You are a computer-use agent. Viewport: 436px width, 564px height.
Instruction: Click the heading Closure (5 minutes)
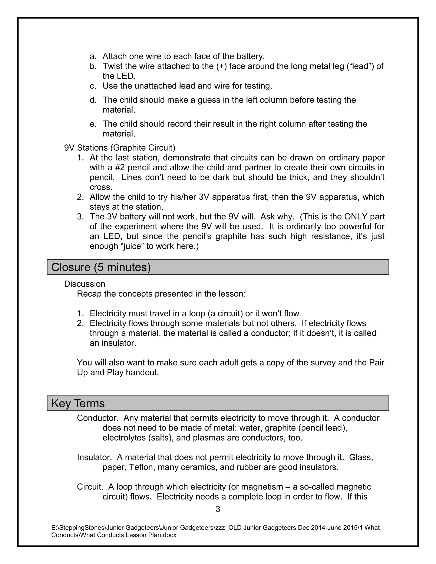[x=101, y=267]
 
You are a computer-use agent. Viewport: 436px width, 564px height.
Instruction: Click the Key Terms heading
[x=78, y=403]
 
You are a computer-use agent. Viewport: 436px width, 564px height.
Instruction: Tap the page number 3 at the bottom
[x=218, y=509]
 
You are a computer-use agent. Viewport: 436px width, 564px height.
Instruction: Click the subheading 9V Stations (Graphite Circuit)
[x=120, y=148]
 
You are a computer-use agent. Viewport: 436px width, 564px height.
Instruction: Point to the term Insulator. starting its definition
[x=94, y=457]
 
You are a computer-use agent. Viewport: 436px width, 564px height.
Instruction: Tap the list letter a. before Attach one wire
[x=93, y=56]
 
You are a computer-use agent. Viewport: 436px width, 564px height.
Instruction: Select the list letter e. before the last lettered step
[x=93, y=124]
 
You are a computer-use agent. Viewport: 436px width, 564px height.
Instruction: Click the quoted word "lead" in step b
[x=361, y=66]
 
